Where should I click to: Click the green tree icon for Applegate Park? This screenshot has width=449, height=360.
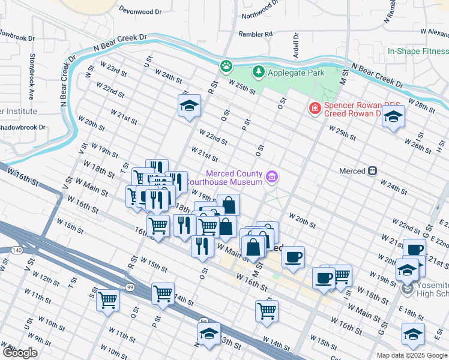coord(259,72)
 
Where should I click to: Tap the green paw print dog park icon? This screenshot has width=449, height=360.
coord(226,65)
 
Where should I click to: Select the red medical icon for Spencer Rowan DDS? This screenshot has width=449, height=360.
coord(314,108)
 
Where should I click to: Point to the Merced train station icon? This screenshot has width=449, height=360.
coord(373,171)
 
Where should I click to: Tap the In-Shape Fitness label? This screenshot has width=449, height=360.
coord(418,52)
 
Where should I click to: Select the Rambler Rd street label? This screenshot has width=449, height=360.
coord(255,34)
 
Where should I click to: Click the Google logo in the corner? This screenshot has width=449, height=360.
coord(20,352)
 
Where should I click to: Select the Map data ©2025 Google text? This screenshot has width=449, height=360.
coord(412,355)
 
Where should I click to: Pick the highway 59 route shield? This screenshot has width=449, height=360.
coord(203,322)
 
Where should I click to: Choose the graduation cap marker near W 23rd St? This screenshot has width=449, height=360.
coord(189,106)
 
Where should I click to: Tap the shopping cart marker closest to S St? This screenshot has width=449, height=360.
coord(108,299)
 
